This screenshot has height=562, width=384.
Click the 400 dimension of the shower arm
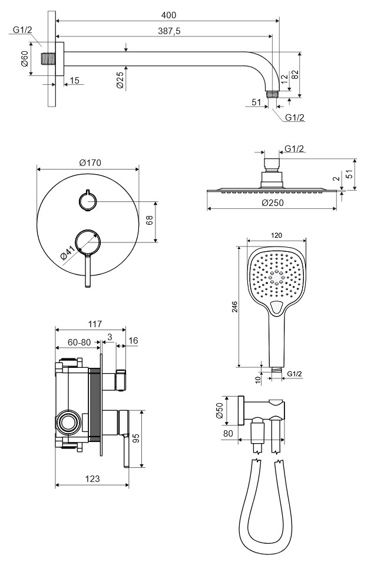[167, 15]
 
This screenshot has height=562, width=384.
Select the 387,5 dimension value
[170, 31]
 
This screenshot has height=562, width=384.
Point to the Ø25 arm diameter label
[120, 81]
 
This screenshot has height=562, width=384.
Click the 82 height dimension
[311, 75]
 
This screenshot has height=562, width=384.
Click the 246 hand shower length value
[234, 305]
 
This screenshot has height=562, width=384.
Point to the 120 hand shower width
[276, 235]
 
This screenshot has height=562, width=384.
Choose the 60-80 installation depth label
[79, 341]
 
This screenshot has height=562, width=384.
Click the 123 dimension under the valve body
[91, 479]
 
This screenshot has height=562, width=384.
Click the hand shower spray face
[276, 275]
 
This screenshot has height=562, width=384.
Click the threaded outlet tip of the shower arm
[272, 93]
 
